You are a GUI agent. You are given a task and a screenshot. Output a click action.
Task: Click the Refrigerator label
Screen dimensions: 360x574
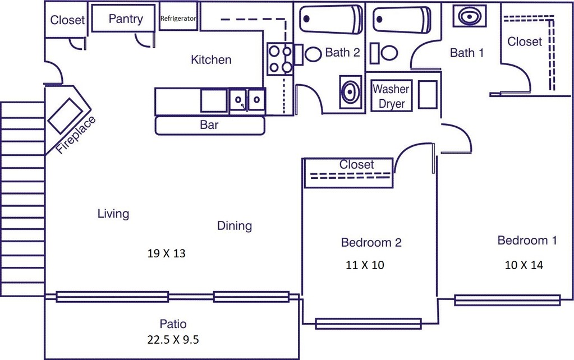pyautogui.click(x=178, y=19)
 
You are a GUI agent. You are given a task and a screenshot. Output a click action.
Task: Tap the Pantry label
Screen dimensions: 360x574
pyautogui.click(x=126, y=19)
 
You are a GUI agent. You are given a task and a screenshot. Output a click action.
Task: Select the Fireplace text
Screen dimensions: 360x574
pyautogui.click(x=76, y=135)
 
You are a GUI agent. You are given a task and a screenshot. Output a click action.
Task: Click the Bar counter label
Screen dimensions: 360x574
pyautogui.click(x=209, y=125)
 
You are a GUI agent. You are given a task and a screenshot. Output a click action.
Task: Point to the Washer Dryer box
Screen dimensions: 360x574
pyautogui.click(x=391, y=96)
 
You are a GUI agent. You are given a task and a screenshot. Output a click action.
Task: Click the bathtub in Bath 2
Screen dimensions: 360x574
pyautogui.click(x=331, y=20)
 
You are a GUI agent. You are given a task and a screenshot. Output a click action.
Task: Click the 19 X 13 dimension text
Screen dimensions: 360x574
pyautogui.click(x=166, y=253)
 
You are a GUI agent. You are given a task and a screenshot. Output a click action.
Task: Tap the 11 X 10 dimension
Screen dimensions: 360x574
pyautogui.click(x=365, y=265)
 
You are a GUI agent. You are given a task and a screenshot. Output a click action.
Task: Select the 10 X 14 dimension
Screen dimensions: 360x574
pyautogui.click(x=524, y=265)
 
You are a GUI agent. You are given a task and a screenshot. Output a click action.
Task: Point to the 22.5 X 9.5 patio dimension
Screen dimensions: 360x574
pyautogui.click(x=173, y=339)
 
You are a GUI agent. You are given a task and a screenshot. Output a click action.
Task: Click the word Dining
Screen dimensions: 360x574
pyautogui.click(x=235, y=226)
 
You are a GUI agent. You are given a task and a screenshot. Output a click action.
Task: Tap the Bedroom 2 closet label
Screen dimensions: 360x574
pyautogui.click(x=357, y=165)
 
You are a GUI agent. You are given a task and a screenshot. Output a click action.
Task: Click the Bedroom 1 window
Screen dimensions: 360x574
pyautogui.click(x=507, y=300)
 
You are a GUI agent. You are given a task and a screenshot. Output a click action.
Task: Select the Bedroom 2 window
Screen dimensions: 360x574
pyautogui.click(x=368, y=323)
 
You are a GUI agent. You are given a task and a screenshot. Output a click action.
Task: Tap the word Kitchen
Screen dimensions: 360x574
pyautogui.click(x=211, y=59)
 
